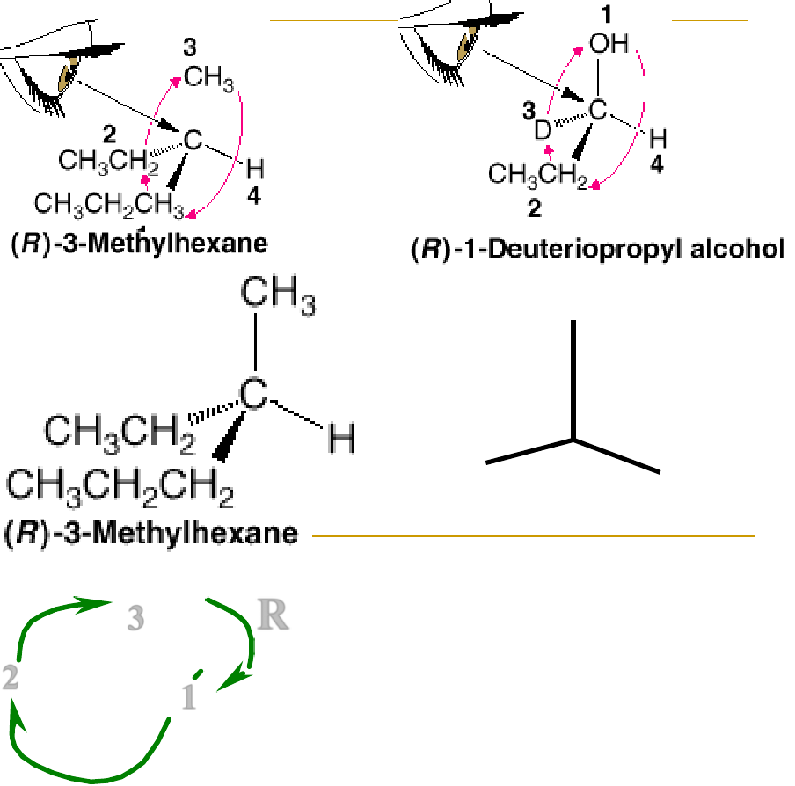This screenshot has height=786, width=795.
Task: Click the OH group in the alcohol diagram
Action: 609,44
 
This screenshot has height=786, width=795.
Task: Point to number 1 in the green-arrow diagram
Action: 188,698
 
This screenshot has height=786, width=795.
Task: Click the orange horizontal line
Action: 533,535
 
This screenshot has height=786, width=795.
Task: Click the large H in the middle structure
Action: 342,438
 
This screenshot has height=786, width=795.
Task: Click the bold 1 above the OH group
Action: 604,14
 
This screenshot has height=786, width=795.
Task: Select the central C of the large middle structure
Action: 253,395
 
